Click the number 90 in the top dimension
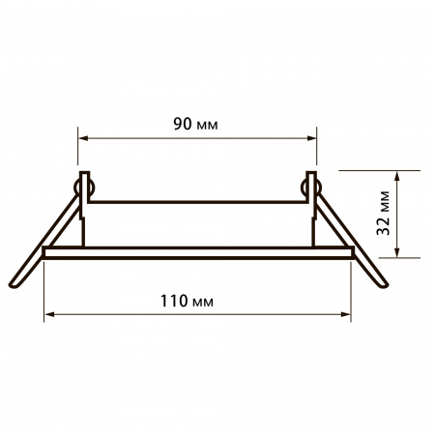pos(183,124)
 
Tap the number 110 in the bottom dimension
pos(174,301)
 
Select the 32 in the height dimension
pos(384,227)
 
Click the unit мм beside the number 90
pos(207,126)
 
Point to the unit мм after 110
pos(202,303)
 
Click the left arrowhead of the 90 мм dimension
pos(83,138)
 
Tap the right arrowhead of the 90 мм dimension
pos(311,138)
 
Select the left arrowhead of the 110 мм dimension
pos(49,314)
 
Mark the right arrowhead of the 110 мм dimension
pos(346,314)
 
